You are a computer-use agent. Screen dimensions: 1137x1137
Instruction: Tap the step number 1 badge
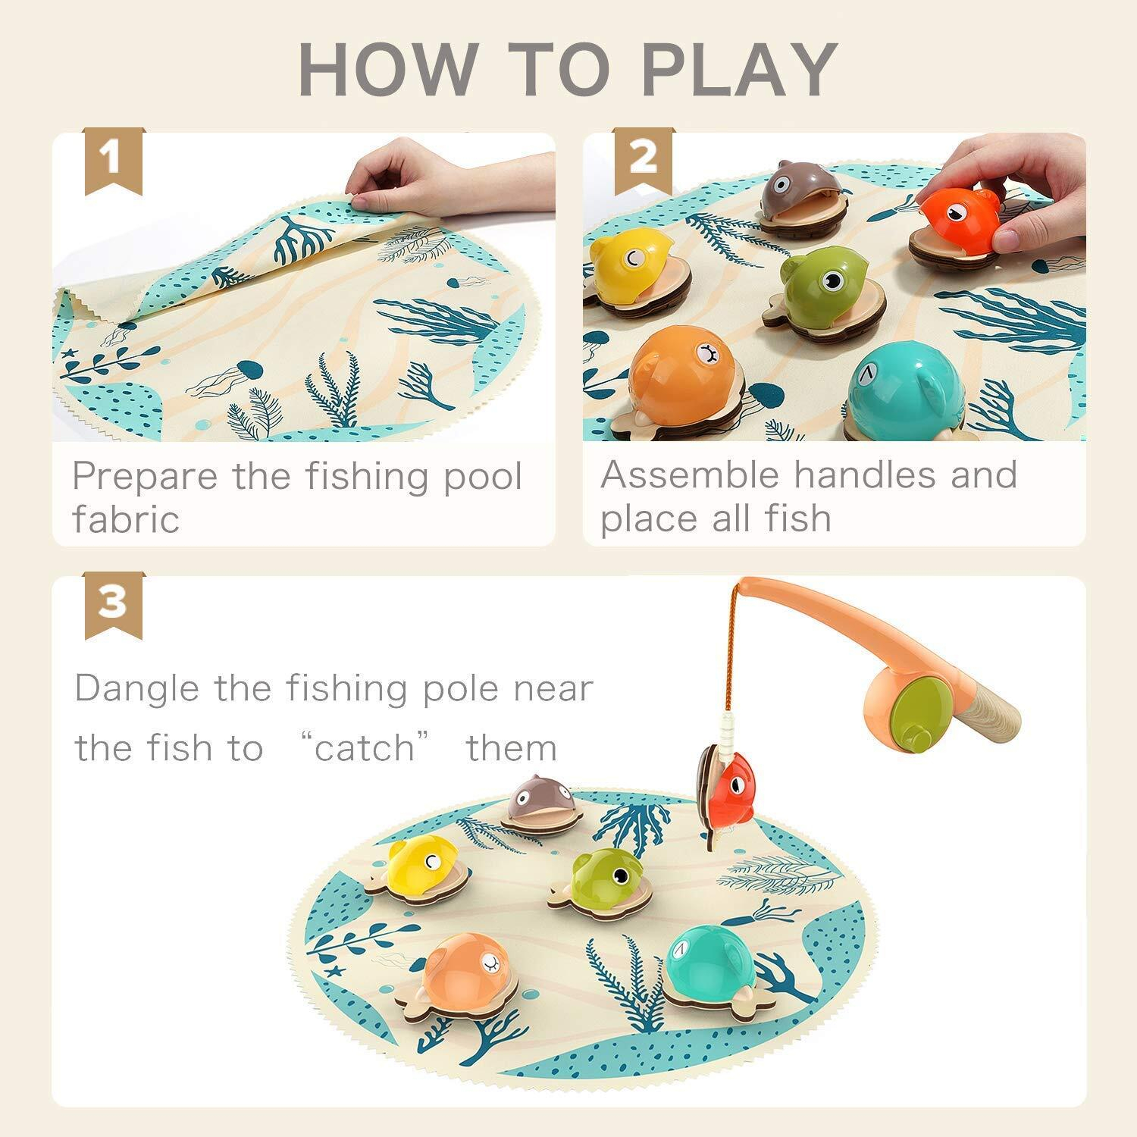click(x=113, y=160)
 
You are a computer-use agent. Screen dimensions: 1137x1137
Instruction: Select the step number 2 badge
click(x=644, y=160)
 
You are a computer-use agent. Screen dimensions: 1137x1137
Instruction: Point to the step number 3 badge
click(x=113, y=604)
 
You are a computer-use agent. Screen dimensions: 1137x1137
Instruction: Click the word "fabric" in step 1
click(x=126, y=519)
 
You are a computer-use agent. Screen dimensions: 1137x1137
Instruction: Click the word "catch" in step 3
click(x=365, y=748)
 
